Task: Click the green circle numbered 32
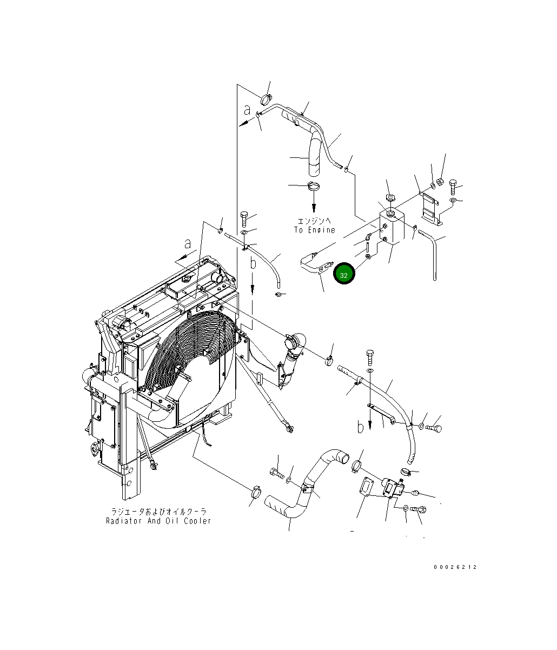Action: click(x=344, y=275)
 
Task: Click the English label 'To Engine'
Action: click(x=314, y=230)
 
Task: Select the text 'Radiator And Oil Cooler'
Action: click(x=158, y=521)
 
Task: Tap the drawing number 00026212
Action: click(x=455, y=567)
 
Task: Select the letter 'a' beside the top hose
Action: click(x=247, y=111)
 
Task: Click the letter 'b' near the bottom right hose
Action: click(x=360, y=427)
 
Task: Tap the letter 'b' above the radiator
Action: click(x=253, y=264)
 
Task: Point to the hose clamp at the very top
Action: click(x=267, y=99)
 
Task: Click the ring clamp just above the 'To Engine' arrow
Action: click(x=313, y=187)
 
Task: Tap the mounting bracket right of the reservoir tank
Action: click(x=431, y=208)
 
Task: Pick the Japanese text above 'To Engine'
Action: click(x=314, y=221)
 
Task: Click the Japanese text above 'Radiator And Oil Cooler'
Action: click(x=158, y=512)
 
